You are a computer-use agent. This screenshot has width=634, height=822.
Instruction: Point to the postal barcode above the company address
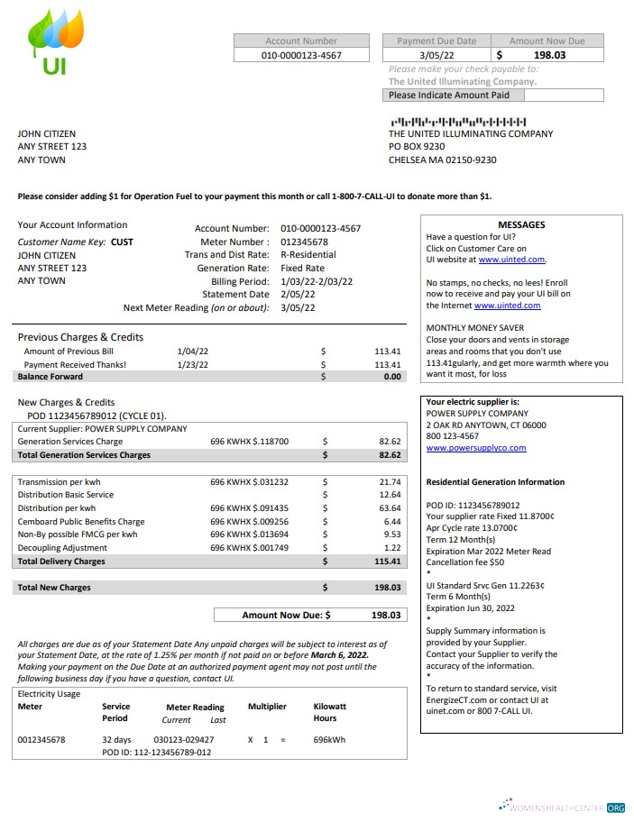pos(457,121)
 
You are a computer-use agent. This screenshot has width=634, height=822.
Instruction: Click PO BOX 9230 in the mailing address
pos(417,147)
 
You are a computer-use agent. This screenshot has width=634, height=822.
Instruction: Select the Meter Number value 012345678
pos(304,242)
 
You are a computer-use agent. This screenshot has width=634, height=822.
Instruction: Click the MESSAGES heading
pos(521,225)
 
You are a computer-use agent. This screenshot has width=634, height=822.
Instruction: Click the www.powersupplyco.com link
pos(475,448)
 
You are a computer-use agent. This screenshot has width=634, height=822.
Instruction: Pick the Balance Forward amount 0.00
pos(391,377)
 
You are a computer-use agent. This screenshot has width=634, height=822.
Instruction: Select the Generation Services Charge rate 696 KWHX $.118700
pos(249,442)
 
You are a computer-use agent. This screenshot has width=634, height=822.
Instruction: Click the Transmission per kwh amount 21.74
pos(390,482)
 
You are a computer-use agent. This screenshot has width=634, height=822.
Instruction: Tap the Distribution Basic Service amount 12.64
pos(390,495)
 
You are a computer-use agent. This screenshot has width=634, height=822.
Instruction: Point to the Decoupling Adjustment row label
pos(63,548)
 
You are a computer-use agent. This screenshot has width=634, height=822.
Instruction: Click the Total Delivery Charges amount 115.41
pos(387,562)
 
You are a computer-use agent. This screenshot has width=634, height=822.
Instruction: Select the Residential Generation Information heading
pos(495,482)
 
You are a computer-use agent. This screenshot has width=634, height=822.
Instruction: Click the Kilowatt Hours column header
pos(329,712)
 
